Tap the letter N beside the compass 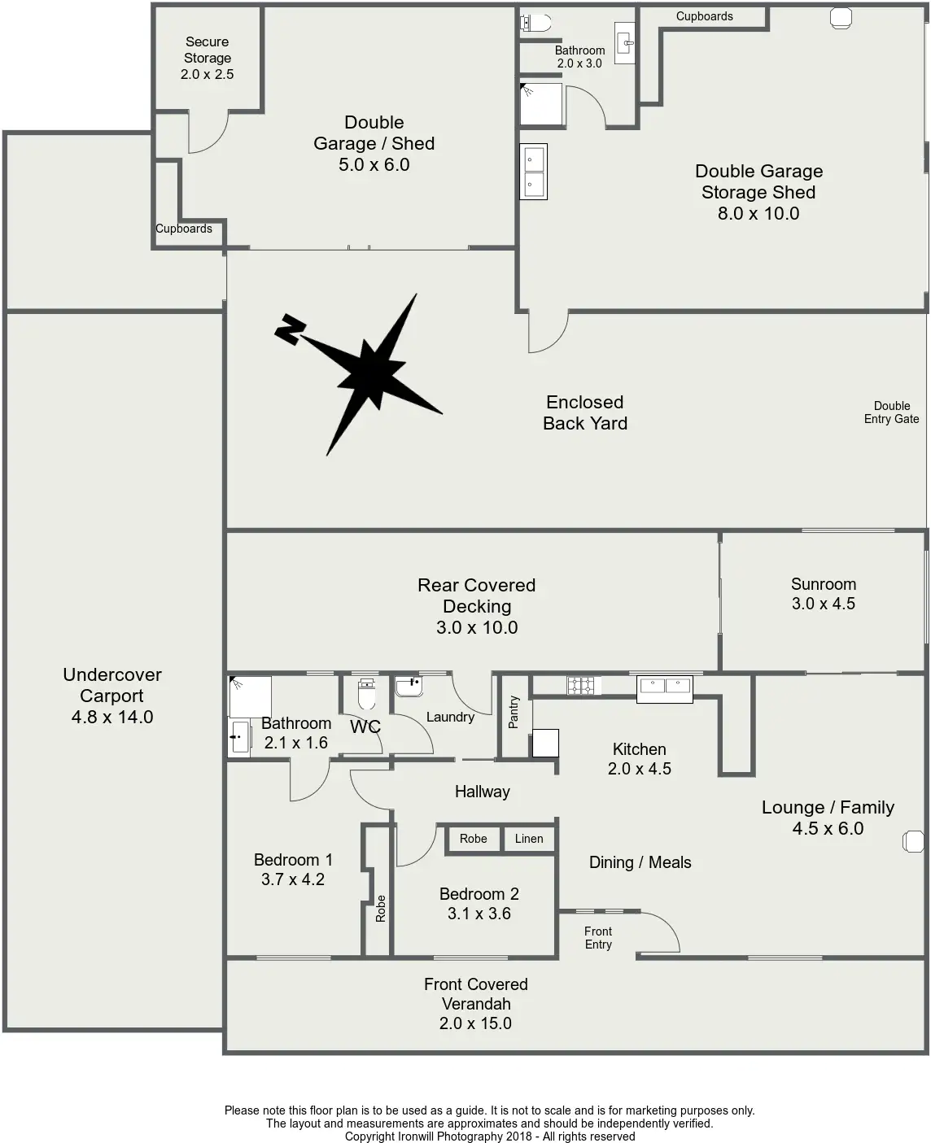point(290,329)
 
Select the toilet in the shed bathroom point(535,23)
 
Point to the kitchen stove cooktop point(580,685)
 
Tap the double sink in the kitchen point(665,689)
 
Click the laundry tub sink point(409,687)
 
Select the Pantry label point(514,712)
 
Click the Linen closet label point(529,838)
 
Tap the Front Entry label point(598,937)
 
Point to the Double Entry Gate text point(891,412)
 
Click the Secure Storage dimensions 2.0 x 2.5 point(208,74)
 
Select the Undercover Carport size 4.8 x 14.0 point(112,717)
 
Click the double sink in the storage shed point(534,172)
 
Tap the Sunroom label point(823,584)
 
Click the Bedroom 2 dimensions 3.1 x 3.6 point(479,913)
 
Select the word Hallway point(482,792)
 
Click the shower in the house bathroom point(250,696)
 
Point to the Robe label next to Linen point(473,838)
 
